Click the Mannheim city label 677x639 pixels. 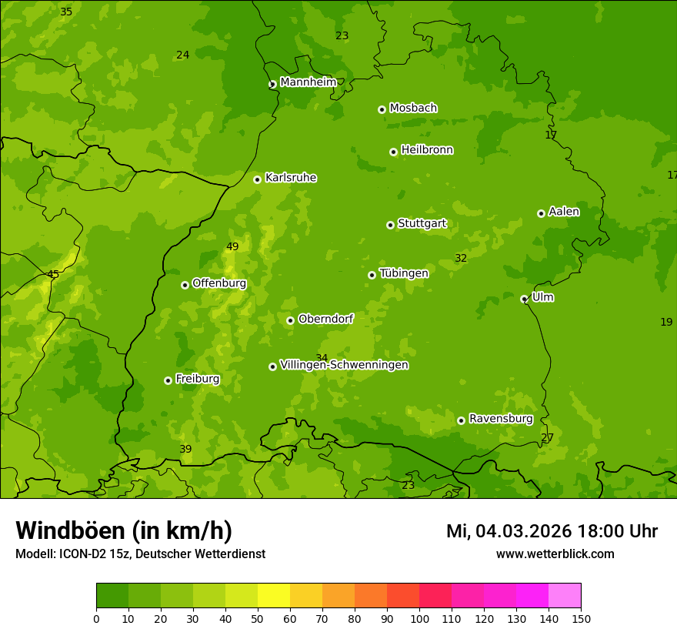coord(308,82)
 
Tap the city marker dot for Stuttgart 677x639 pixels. coord(391,225)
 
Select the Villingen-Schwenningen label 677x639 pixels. coord(344,365)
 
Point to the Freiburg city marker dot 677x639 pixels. coord(168,380)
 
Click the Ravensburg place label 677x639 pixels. coord(501,419)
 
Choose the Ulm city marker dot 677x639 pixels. coord(525,299)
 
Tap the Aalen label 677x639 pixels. coord(564,212)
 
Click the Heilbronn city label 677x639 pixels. coord(427,150)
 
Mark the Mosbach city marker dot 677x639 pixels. coord(382,109)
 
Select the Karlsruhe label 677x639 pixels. coord(291,178)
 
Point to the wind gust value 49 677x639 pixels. coord(232,247)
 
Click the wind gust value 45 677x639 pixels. coord(53,274)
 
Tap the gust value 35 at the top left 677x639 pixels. coord(66,12)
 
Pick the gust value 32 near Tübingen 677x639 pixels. coord(461,259)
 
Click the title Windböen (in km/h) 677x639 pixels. coord(124,530)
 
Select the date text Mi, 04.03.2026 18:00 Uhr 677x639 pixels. coord(552,531)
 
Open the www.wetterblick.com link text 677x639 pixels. coord(555,554)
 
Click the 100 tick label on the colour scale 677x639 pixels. coord(419,618)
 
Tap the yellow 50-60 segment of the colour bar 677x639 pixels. coord(274,596)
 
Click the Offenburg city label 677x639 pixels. coord(219,283)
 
